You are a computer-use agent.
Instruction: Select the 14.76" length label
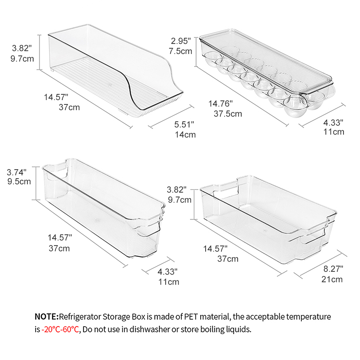[221, 104]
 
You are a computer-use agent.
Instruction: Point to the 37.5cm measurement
[228, 114]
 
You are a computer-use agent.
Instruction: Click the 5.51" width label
[184, 125]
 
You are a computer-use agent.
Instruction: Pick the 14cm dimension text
[185, 135]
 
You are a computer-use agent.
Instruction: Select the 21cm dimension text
[332, 279]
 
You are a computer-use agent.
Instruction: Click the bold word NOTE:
[46, 317]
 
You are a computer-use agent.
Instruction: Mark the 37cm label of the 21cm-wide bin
[228, 258]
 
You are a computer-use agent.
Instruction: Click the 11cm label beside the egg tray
[333, 131]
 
